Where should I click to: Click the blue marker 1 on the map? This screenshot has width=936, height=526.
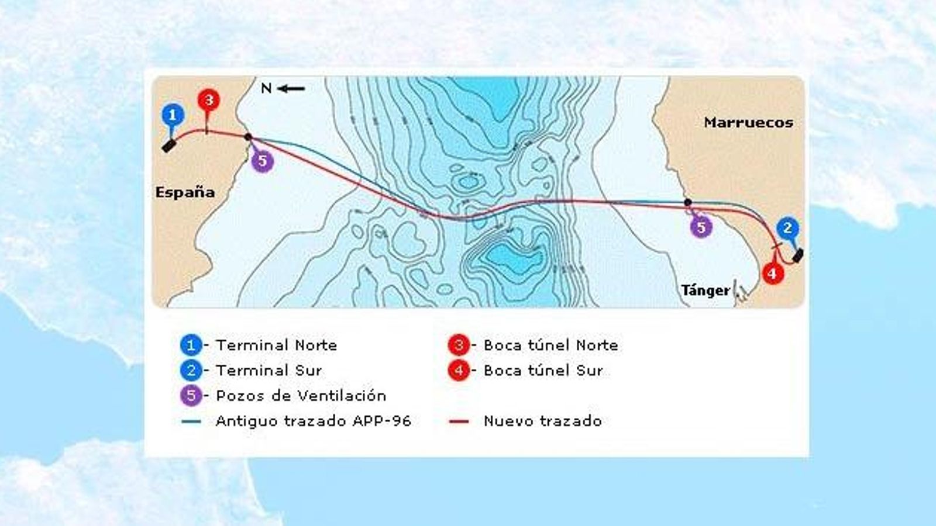pyautogui.click(x=172, y=115)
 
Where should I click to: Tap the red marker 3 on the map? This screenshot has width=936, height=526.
pyautogui.click(x=208, y=101)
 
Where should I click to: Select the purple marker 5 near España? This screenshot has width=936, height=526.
pyautogui.click(x=262, y=161)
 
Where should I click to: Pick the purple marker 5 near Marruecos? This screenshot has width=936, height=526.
pyautogui.click(x=701, y=227)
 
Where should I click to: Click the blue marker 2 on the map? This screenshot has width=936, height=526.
pyautogui.click(x=787, y=228)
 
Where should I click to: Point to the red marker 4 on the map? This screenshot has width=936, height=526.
pyautogui.click(x=772, y=273)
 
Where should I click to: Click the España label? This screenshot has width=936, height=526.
pyautogui.click(x=185, y=192)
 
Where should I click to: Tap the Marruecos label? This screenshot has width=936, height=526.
pyautogui.click(x=748, y=123)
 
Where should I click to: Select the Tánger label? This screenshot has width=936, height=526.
pyautogui.click(x=706, y=290)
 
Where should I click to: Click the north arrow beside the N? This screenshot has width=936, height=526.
pyautogui.click(x=291, y=89)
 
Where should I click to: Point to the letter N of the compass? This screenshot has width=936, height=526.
pyautogui.click(x=266, y=89)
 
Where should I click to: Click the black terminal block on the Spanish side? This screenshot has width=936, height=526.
pyautogui.click(x=169, y=145)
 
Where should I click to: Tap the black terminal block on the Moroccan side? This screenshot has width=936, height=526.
pyautogui.click(x=797, y=255)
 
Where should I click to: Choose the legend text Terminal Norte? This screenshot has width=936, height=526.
pyautogui.click(x=276, y=345)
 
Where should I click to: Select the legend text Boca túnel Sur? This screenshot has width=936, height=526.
pyautogui.click(x=543, y=371)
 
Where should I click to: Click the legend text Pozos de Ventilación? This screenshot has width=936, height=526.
pyautogui.click(x=301, y=396)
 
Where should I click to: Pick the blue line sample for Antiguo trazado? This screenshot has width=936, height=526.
pyautogui.click(x=191, y=421)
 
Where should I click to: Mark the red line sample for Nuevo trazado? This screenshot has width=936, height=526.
pyautogui.click(x=459, y=421)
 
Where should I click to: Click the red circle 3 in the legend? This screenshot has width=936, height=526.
pyautogui.click(x=459, y=345)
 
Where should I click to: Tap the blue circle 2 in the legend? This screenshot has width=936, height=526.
pyautogui.click(x=191, y=371)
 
